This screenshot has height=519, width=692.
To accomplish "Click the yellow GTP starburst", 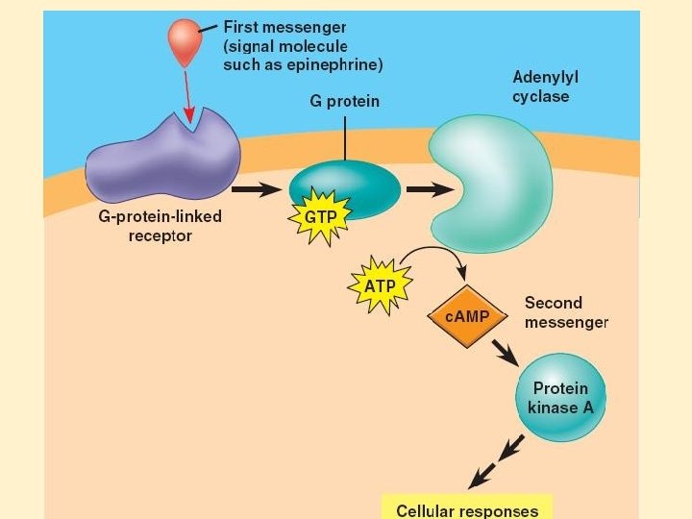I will (320, 217).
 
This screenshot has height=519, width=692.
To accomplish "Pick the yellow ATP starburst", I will (380, 285).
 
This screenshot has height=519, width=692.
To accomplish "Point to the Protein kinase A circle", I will (560, 398).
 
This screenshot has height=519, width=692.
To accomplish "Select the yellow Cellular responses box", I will (467, 508).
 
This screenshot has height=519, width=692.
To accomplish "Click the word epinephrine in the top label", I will (336, 65).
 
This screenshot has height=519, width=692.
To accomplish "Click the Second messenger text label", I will (566, 312).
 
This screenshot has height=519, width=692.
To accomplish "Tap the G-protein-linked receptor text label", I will (161, 226).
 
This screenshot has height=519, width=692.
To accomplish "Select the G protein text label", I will (344, 101).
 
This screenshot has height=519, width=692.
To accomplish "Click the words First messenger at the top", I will (284, 27).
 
